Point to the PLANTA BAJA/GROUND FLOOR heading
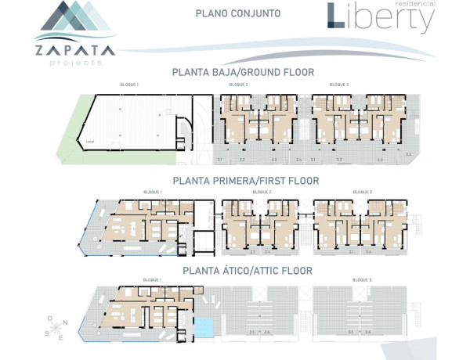(x=243, y=72)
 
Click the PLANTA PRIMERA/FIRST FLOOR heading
(x=243, y=180)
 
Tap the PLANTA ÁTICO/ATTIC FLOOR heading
(x=248, y=271)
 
